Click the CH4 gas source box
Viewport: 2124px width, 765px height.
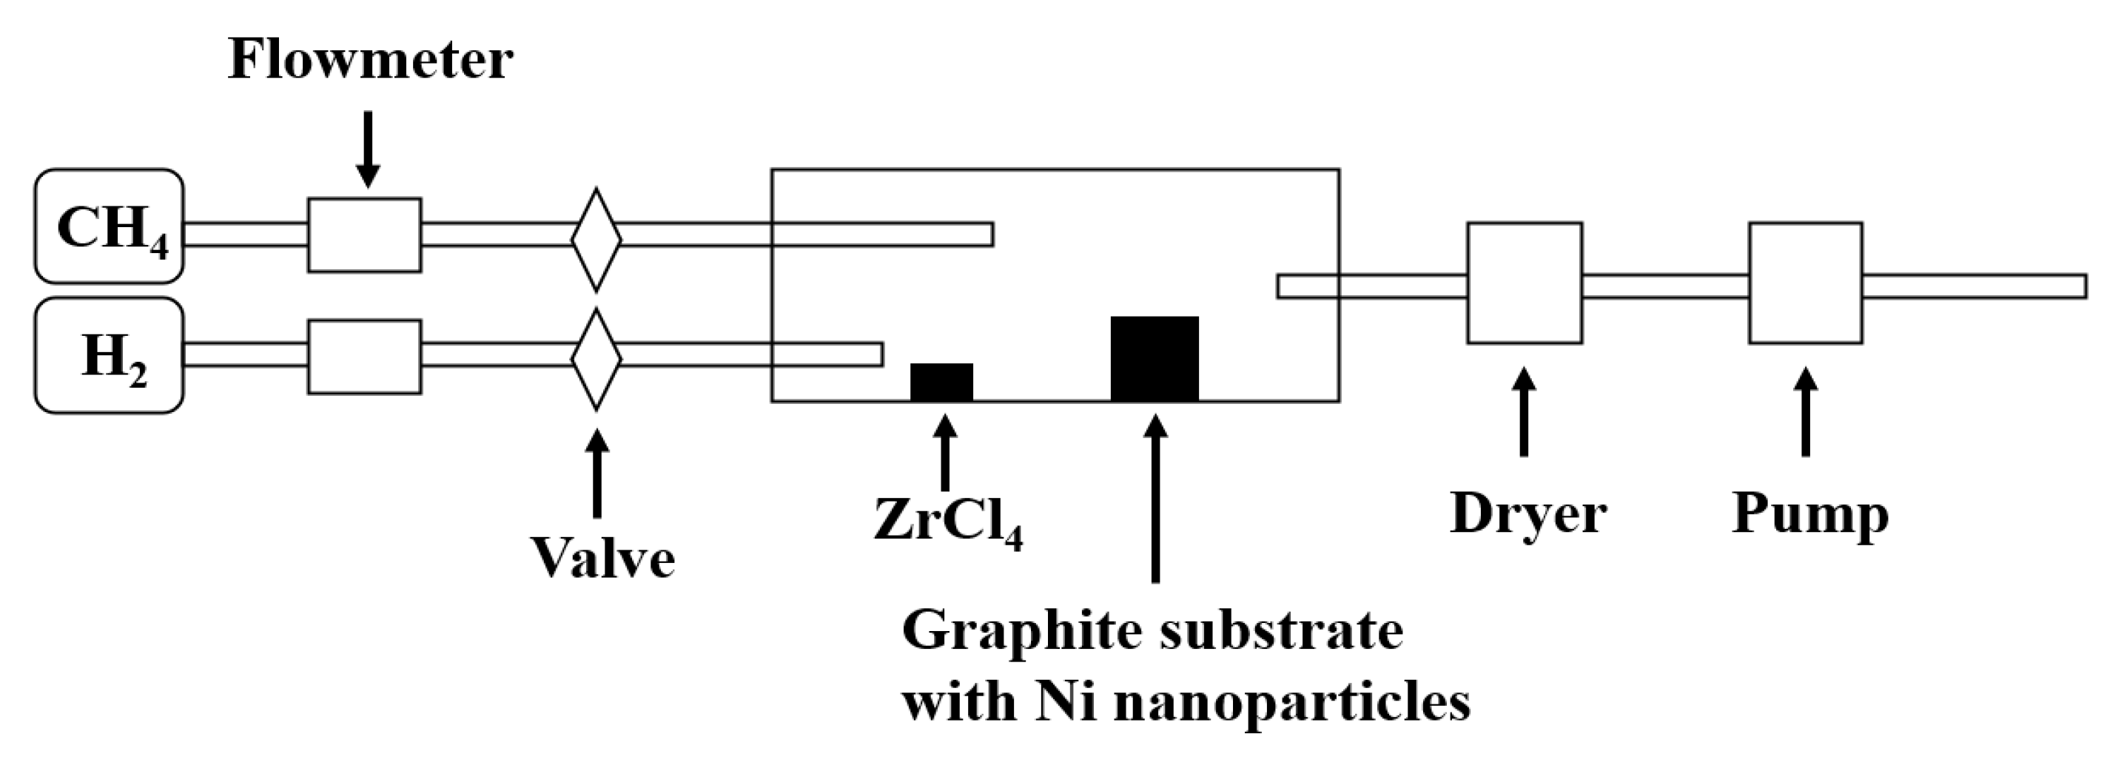click(109, 226)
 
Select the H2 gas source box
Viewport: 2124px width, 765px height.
click(109, 355)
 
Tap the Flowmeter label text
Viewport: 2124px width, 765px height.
click(370, 60)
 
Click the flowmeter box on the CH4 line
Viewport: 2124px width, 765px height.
click(364, 235)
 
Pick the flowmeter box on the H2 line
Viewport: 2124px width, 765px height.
click(364, 356)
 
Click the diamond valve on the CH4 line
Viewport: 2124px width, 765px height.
click(596, 240)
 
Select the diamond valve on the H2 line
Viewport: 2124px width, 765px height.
click(596, 360)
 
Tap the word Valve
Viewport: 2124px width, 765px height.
click(602, 558)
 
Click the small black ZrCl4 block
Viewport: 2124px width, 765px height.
click(941, 382)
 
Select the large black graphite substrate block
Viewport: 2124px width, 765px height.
click(1155, 359)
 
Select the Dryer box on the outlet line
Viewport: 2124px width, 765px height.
click(1524, 282)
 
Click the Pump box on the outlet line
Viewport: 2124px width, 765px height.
click(1806, 282)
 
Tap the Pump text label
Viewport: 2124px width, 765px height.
click(1810, 515)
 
